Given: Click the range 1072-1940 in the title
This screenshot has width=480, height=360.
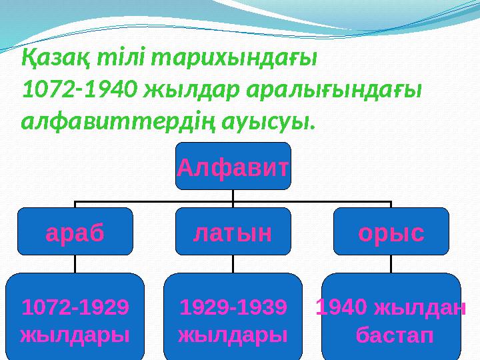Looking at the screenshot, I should tap(81, 91).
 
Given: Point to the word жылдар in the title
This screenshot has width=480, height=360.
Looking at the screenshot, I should tap(193, 91).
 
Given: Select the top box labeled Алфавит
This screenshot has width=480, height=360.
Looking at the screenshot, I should tap(233, 167).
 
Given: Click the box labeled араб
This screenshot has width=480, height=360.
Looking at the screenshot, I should tap(75, 232).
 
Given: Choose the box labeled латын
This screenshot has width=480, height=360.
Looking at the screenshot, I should tap(233, 232).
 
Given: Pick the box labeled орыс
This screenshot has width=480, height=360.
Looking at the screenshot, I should tap(391, 232).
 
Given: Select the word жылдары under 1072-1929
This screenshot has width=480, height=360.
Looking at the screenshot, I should tap(75, 333).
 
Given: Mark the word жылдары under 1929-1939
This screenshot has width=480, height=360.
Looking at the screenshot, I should tap(233, 333).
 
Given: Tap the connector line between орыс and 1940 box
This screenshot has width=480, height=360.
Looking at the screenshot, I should tap(391, 264).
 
